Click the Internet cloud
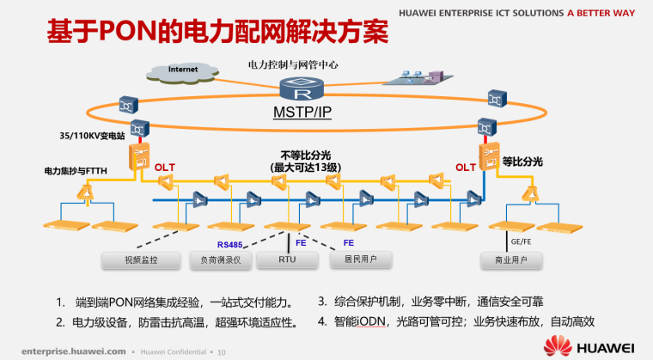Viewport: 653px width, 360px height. [x=184, y=70]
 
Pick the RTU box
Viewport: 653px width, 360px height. [x=288, y=259]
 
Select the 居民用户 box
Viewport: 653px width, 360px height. [x=362, y=259]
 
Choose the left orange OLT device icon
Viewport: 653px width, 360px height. [x=138, y=156]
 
